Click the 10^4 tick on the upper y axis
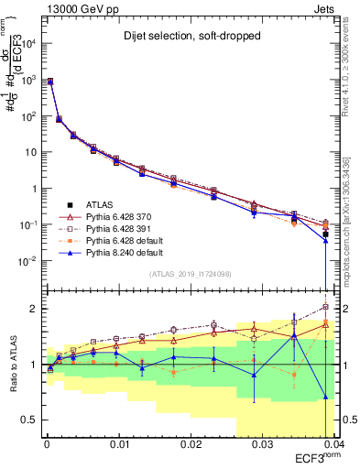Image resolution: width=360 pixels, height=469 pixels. point(27,44)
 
